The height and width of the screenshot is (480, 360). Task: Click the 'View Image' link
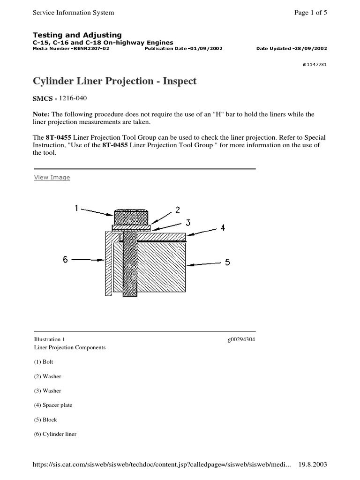click(52, 178)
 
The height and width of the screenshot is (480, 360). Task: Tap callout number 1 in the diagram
click(76, 208)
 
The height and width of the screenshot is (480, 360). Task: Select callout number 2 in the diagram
click(178, 210)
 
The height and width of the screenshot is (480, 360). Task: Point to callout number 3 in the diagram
click(188, 224)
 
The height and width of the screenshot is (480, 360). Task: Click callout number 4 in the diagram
click(223, 228)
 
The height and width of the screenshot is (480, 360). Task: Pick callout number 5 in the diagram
click(227, 262)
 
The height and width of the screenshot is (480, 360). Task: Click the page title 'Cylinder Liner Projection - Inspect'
click(114, 81)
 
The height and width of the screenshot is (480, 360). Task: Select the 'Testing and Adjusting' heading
click(77, 35)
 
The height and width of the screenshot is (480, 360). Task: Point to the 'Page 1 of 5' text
click(310, 13)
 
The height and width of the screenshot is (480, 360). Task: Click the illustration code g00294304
click(241, 339)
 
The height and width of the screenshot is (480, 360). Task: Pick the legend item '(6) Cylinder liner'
click(54, 434)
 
